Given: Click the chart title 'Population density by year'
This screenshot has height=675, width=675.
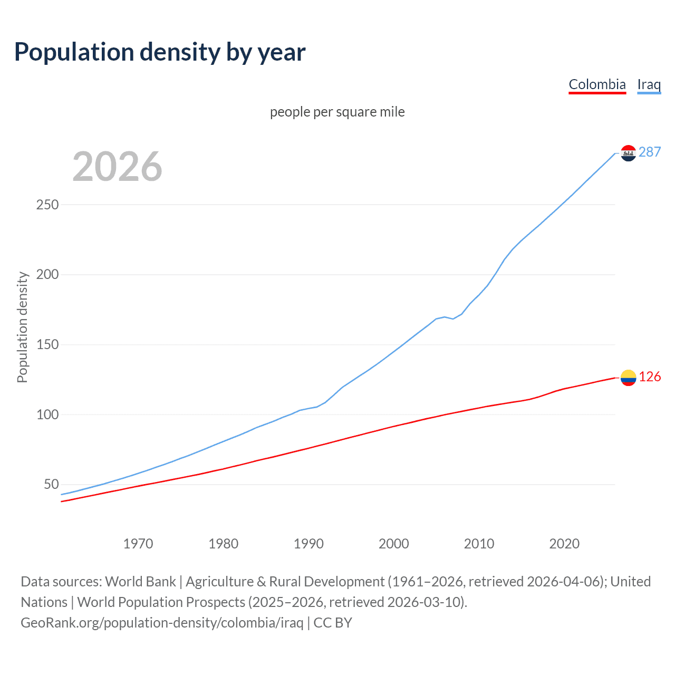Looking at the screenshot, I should coord(160,52).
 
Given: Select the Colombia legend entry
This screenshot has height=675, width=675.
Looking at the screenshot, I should coord(597,84).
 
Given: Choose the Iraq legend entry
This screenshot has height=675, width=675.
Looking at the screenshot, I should coord(649,84).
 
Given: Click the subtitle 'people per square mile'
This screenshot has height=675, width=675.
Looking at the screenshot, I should coord(337,112).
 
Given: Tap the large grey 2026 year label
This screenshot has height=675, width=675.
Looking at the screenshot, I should coord(117,167).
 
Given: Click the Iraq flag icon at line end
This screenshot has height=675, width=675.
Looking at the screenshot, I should coord(628,153).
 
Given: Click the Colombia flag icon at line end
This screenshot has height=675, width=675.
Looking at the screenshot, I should coord(628,378).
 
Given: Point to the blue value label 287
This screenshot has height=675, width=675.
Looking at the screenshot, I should coord(650,152).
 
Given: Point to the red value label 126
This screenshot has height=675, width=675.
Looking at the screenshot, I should coord(650,377).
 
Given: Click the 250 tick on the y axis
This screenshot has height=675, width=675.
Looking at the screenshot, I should coord(47,205).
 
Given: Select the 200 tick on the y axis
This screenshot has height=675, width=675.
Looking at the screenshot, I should coord(47,275).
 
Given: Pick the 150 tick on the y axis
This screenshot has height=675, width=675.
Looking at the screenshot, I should coord(47,345).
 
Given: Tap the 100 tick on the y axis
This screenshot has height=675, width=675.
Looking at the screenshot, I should coord(47,415).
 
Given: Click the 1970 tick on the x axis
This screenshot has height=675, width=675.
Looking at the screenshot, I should coord(138,544).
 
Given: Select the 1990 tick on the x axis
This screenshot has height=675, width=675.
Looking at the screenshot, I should coord(308,544).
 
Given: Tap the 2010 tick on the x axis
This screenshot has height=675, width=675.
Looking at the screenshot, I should coord(479,544).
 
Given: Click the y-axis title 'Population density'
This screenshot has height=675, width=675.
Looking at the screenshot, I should coord(22,327).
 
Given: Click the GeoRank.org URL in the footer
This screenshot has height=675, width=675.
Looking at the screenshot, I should coord(162,623).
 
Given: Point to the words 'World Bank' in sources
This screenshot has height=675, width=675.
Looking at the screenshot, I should coord(140,582).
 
